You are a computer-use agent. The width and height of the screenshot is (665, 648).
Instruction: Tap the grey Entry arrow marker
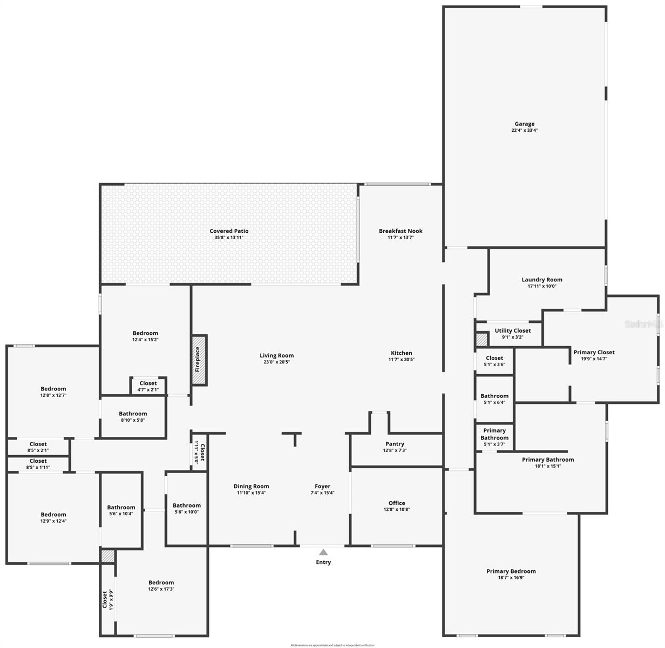323,552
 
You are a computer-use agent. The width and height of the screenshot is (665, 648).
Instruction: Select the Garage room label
524,124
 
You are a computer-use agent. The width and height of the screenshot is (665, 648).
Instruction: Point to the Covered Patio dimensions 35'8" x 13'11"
229,238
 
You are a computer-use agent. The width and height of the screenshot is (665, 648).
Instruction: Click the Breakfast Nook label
401,231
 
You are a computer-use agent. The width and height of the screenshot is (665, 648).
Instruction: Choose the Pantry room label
395,444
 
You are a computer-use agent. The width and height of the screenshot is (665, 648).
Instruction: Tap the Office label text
397,503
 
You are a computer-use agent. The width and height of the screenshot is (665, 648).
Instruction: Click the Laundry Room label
542,280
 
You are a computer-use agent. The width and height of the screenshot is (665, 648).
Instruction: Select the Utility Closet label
512,330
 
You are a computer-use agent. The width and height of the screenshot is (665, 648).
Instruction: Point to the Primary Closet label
594,352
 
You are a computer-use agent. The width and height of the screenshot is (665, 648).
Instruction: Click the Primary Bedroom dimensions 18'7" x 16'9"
511,578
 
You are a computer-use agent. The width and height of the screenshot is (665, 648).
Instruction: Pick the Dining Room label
251,486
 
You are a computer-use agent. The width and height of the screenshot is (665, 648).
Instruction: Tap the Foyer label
322,486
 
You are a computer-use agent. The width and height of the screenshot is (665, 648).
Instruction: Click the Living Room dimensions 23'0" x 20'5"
276,362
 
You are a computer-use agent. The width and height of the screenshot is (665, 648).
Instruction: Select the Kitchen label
401,353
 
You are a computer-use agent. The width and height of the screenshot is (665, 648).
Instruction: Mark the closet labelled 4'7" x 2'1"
148,386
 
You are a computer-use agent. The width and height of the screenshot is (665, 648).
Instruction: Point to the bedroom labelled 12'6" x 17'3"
161,585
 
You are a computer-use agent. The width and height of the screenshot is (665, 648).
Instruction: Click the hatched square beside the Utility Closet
481,340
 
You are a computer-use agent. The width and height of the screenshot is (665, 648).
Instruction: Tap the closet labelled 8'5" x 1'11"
38,464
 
